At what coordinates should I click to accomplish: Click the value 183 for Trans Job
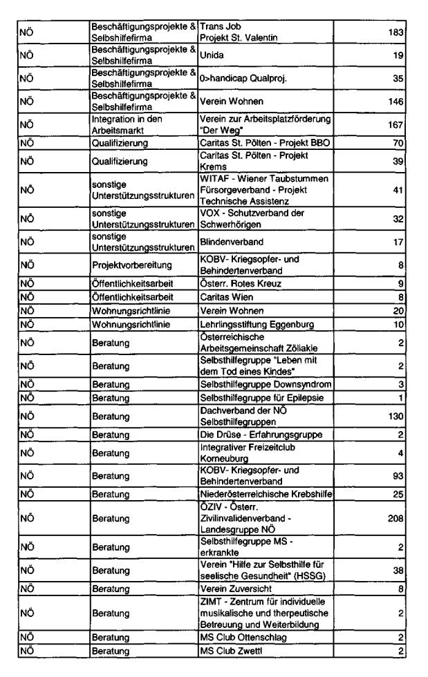pos(394,32)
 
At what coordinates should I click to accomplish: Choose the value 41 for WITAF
pos(397,190)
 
